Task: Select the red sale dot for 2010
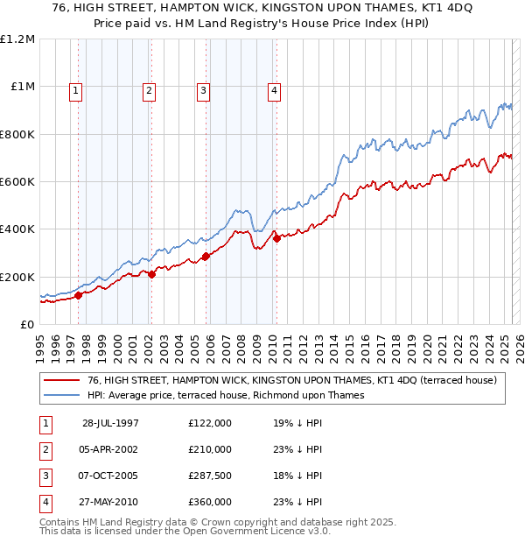(x=276, y=238)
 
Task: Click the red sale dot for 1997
(x=78, y=295)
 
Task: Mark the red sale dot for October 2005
(x=206, y=256)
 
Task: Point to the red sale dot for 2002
(x=151, y=274)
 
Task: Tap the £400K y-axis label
(x=18, y=229)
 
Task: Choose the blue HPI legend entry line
(x=62, y=395)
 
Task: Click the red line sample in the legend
(x=62, y=380)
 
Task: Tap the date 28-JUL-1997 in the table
(x=110, y=423)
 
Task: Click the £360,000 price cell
(x=210, y=502)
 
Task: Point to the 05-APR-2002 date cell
(x=110, y=449)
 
